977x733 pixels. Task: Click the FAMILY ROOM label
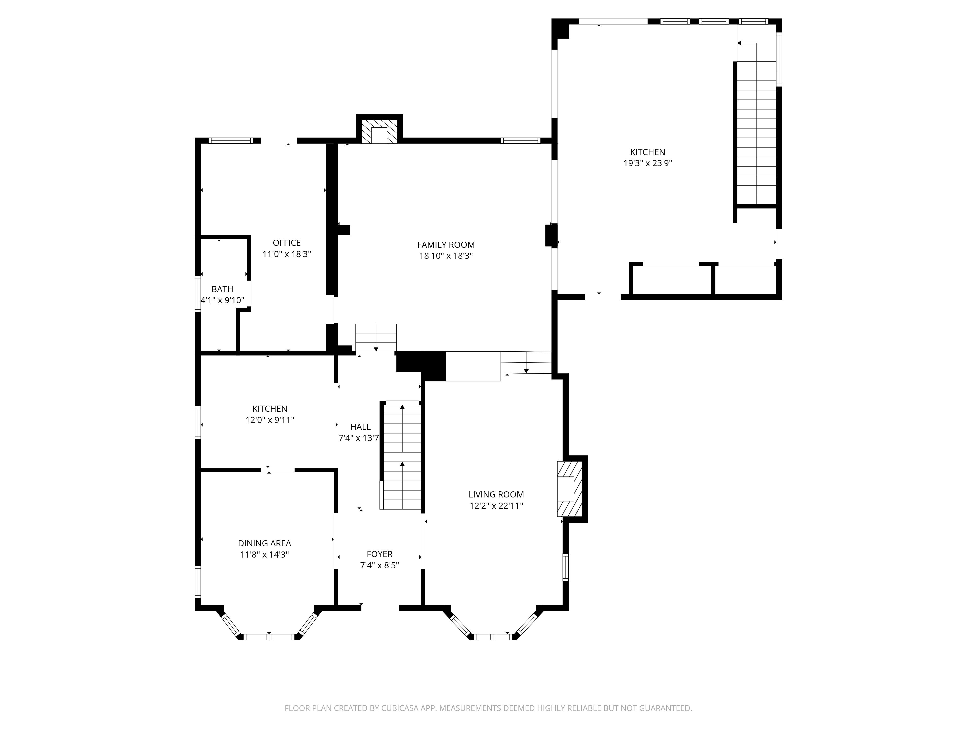click(446, 245)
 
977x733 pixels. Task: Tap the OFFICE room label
click(287, 243)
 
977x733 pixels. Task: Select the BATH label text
click(222, 289)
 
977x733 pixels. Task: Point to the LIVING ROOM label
click(496, 495)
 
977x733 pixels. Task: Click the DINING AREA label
click(265, 543)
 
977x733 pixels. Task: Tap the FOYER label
click(379, 554)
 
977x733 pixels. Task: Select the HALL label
click(361, 427)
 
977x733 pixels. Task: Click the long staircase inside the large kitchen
click(756, 132)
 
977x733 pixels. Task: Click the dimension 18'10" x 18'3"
click(446, 256)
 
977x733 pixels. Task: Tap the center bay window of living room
click(493, 637)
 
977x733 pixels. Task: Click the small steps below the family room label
click(376, 337)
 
